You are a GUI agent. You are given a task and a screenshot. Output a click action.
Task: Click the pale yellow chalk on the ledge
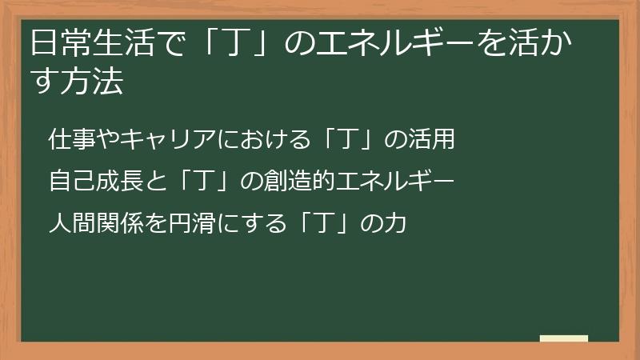click(564, 339)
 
